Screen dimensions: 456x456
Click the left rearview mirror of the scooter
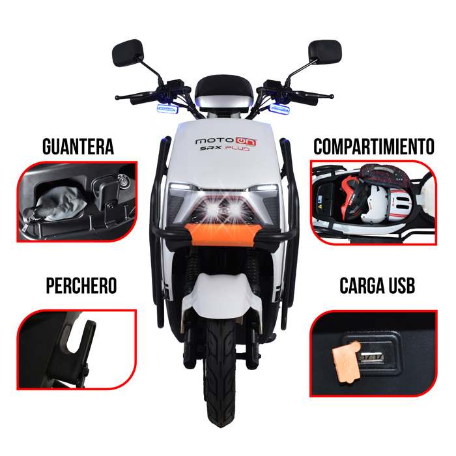pos(128,53)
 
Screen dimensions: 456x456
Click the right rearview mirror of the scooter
pos(325,51)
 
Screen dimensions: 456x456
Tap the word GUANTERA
pos(78,147)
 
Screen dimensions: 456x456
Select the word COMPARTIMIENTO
pos(374,147)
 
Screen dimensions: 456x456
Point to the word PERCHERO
pos(81,286)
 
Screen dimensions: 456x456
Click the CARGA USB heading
pos(377,285)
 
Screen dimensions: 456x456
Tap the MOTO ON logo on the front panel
pos(226,141)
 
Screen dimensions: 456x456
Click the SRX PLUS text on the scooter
pos(225,149)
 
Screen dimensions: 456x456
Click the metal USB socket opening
pos(372,357)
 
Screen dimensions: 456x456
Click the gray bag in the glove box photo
pos(61,203)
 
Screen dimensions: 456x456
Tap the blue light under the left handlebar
pos(167,109)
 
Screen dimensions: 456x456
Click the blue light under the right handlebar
pos(279,109)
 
